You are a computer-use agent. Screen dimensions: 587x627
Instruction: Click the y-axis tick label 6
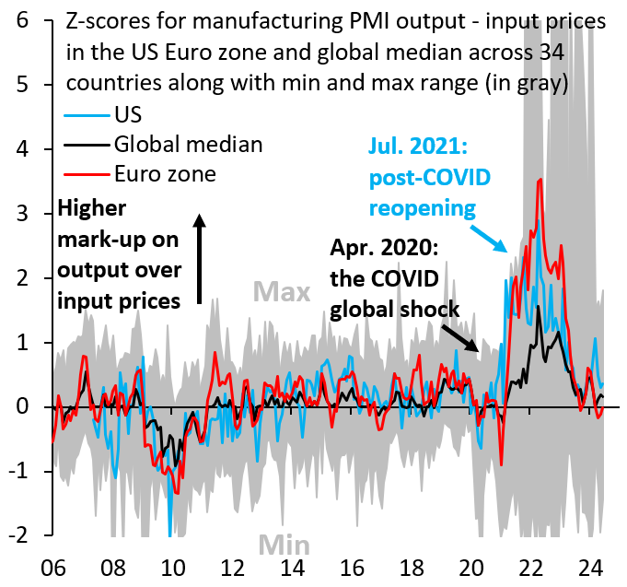coord(30,19)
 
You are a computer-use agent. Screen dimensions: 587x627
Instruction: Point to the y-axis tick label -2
coord(26,536)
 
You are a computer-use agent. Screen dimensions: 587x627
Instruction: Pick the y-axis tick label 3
coord(30,214)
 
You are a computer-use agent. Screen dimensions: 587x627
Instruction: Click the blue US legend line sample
coord(87,117)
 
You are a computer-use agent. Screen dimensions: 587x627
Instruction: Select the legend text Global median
coord(190,144)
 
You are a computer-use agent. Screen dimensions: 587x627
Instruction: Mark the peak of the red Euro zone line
coord(540,180)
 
